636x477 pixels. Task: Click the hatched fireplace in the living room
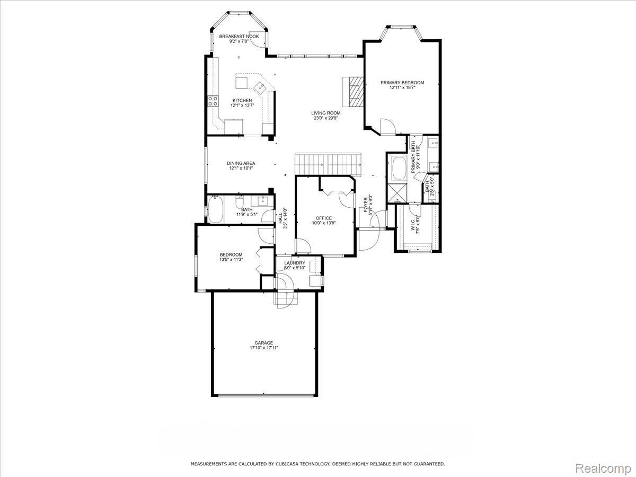[354, 91]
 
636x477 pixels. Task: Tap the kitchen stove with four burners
[213, 101]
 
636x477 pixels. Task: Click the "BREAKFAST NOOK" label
[239, 37]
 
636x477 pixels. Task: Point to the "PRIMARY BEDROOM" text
[402, 83]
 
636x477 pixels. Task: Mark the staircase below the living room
[328, 161]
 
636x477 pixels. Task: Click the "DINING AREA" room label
[241, 163]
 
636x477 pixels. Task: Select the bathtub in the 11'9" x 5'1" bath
[216, 209]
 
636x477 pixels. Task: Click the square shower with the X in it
[397, 192]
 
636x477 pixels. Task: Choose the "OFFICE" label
[323, 218]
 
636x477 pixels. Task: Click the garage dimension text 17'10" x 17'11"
[264, 348]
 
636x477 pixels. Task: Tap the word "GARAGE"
[264, 343]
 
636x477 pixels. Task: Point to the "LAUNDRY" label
[295, 263]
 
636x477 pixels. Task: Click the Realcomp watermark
[603, 468]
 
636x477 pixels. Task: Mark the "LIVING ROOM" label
[325, 113]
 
